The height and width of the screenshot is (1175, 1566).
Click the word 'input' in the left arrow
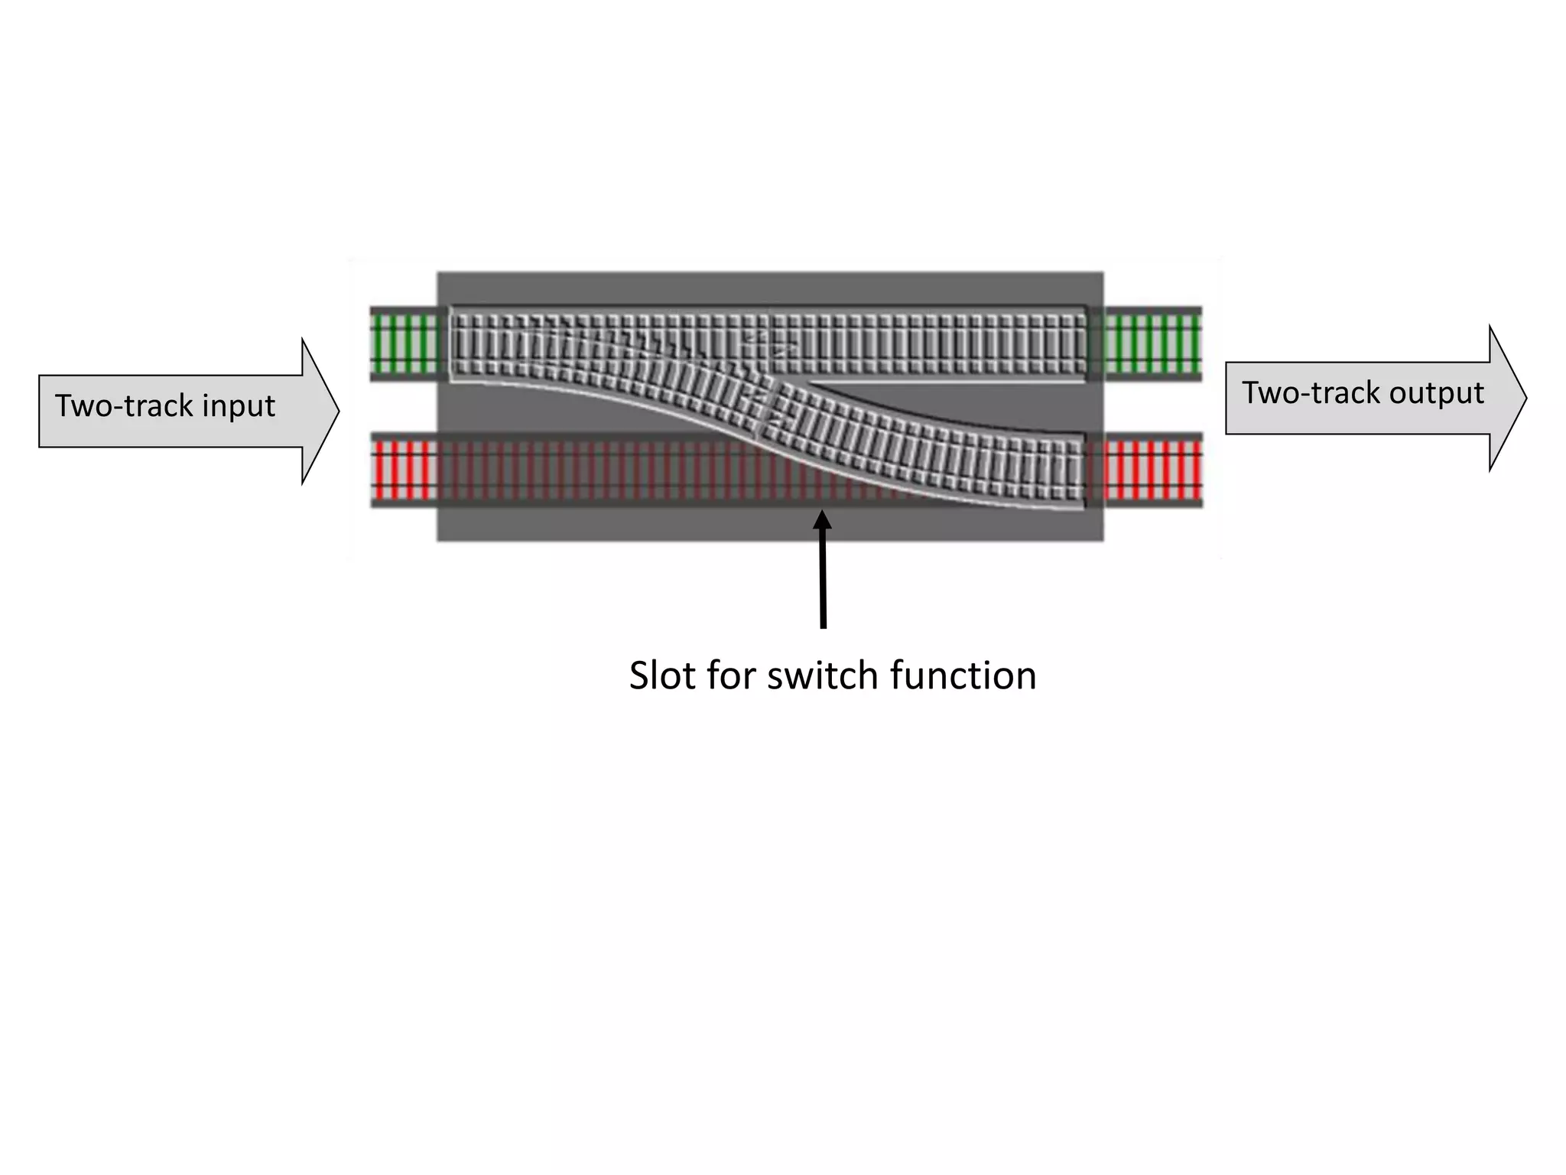[x=238, y=406]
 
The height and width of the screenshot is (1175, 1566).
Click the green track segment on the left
[x=404, y=343]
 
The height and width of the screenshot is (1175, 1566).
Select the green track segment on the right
[x=1153, y=343]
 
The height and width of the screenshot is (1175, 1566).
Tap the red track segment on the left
[x=404, y=470]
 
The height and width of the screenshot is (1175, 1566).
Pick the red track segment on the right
[x=1153, y=470]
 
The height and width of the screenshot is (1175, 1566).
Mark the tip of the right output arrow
[x=1525, y=398]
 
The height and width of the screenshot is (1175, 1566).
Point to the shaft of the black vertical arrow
[x=824, y=581]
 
